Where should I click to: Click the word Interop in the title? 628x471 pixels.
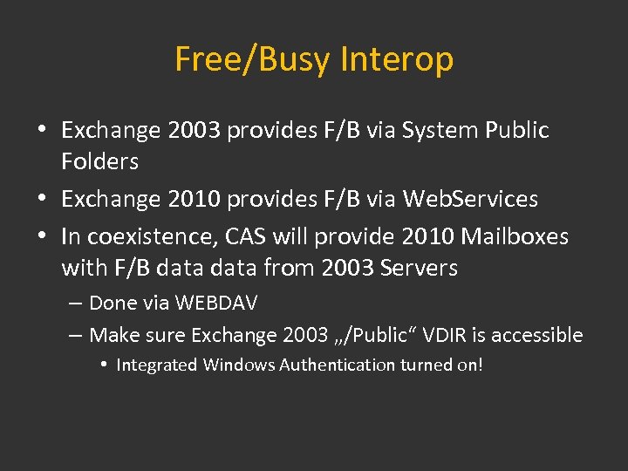(397, 59)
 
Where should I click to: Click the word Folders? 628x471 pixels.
(99, 161)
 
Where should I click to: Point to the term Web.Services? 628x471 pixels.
(470, 199)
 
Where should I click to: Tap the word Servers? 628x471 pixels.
(419, 268)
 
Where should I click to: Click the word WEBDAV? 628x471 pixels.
(215, 304)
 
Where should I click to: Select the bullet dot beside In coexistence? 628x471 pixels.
(42, 236)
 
